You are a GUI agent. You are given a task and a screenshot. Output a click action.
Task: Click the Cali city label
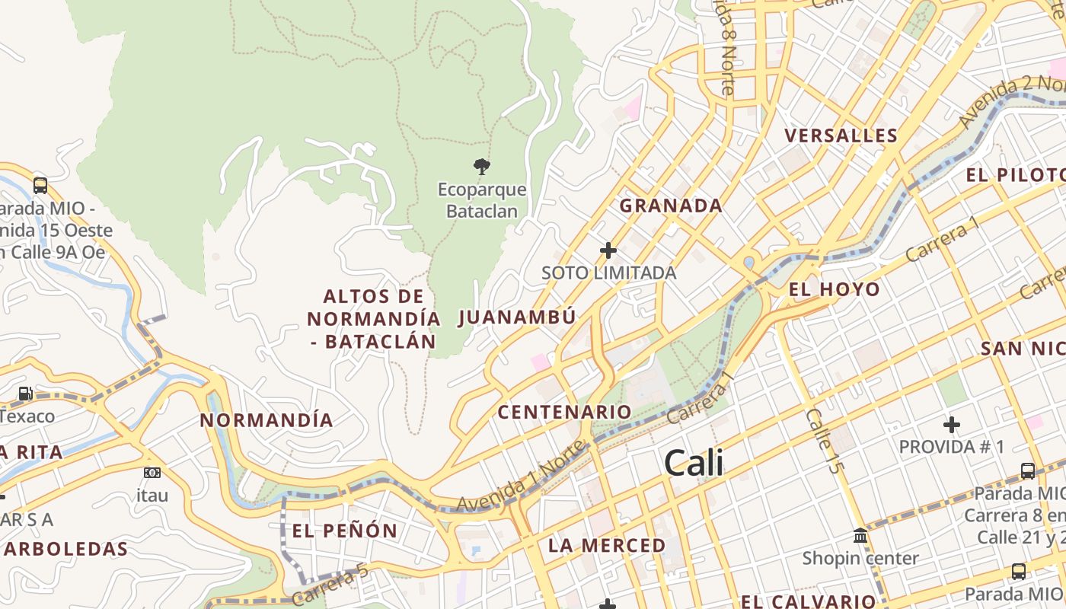[694, 463]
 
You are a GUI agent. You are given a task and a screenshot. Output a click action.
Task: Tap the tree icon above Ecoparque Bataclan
[481, 166]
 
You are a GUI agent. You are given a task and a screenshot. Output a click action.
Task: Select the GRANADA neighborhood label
[671, 206]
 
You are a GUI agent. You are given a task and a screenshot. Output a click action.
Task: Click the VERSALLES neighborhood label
[841, 136]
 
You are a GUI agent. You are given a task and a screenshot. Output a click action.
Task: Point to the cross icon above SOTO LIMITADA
[608, 250]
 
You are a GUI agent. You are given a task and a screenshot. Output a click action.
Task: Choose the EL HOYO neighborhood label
[835, 289]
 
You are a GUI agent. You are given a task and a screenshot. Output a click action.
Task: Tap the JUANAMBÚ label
[517, 317]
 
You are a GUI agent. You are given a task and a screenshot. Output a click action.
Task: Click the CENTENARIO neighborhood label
[565, 413]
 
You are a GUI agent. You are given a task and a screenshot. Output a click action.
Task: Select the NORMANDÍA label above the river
[266, 420]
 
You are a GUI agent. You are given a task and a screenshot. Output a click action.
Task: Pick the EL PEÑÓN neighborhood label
[345, 531]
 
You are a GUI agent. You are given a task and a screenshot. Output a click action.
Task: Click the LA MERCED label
[607, 546]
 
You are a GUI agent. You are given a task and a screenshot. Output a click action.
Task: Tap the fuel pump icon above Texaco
[25, 394]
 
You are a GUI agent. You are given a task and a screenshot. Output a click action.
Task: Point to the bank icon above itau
[152, 473]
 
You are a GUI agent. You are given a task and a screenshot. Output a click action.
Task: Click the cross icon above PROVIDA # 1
[951, 424]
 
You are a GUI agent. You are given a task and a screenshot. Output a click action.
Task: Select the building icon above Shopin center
[860, 536]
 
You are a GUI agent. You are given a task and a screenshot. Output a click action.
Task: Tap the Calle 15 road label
[824, 441]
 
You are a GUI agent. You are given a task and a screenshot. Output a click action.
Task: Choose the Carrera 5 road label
[330, 585]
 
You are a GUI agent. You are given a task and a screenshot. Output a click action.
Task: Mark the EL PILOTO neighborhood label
[1015, 175]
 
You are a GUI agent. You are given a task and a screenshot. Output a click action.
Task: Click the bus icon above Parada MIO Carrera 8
[1027, 470]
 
